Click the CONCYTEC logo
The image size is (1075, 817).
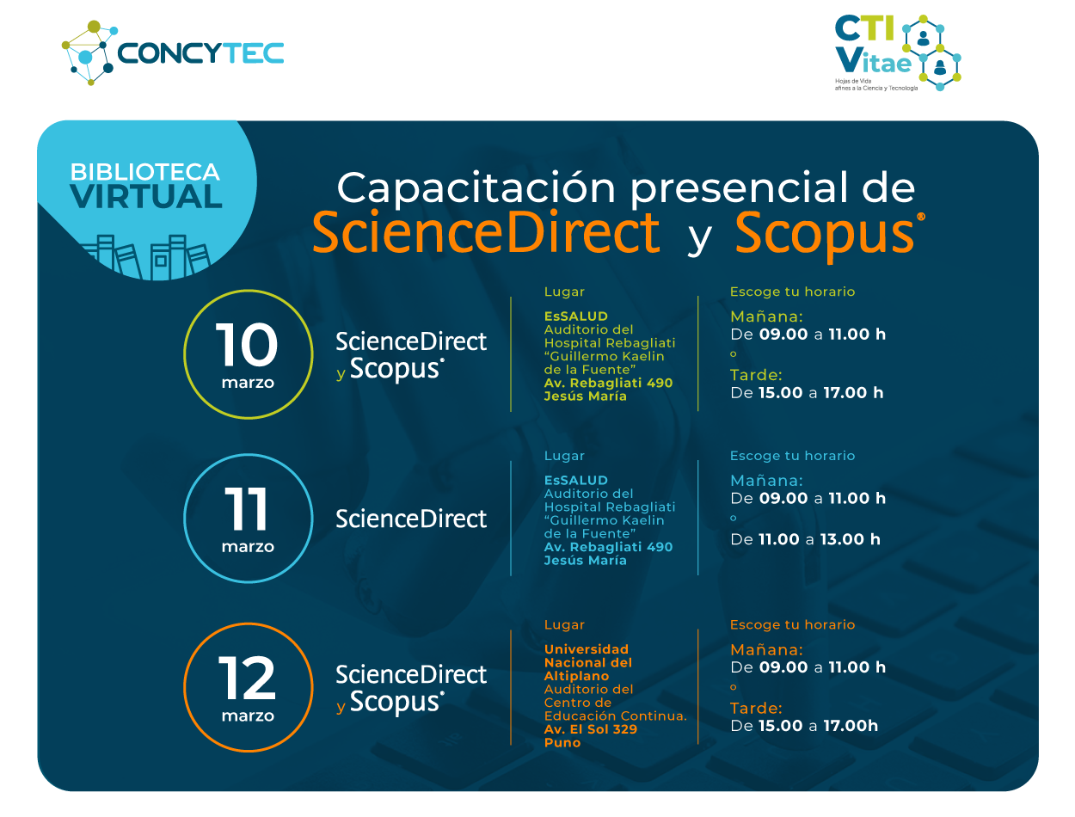click(173, 52)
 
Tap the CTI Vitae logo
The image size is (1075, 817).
click(897, 52)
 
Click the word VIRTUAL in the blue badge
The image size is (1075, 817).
click(146, 197)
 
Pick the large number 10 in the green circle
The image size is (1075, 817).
click(247, 346)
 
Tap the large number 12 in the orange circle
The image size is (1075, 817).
click(247, 679)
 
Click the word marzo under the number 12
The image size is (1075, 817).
click(248, 716)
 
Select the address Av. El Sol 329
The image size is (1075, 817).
click(590, 729)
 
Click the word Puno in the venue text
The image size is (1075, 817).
click(562, 742)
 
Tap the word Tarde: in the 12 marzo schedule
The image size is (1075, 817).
click(756, 709)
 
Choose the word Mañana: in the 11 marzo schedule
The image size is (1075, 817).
click(766, 481)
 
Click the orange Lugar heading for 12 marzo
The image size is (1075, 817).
click(564, 625)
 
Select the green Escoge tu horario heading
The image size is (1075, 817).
click(792, 292)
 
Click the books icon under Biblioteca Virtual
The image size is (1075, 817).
click(146, 256)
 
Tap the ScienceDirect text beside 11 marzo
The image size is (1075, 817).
click(411, 519)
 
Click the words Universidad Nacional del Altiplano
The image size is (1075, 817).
click(588, 662)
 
